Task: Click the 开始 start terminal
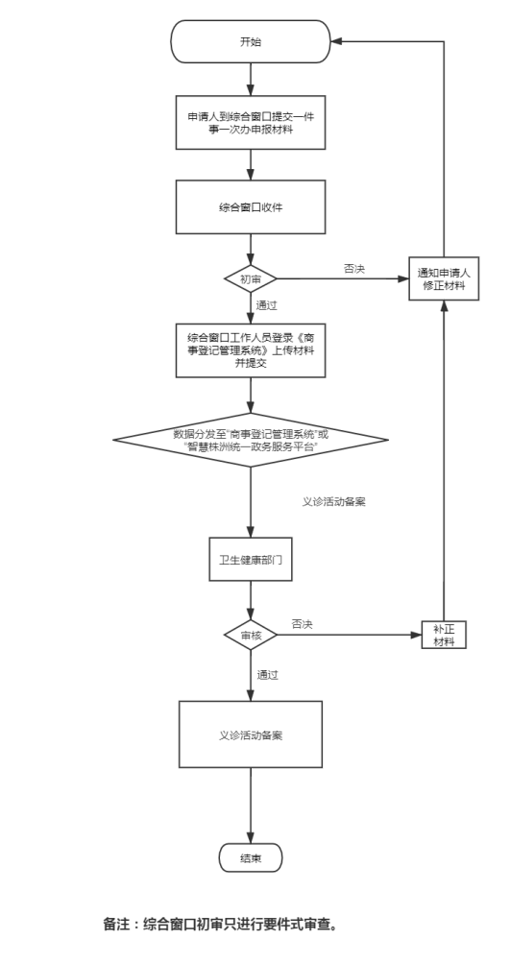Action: pos(251,41)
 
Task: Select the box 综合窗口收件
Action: pos(251,207)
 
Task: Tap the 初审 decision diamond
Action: pos(251,279)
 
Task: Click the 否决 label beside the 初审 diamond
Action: pos(354,269)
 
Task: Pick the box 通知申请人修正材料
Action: pos(444,278)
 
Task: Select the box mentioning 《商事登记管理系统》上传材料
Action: pos(251,350)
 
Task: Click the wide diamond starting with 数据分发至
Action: pos(251,440)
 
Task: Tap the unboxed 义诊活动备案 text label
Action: pos(334,501)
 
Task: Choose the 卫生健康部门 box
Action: pos(251,559)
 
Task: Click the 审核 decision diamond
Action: pos(251,635)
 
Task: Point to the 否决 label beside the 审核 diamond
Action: pos(302,624)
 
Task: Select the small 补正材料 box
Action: pos(444,635)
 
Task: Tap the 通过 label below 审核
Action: pos(267,675)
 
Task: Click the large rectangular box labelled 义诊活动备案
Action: pos(251,734)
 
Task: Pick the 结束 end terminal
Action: pos(251,858)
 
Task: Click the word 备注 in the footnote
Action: pos(116,924)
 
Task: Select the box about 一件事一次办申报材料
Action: pos(251,122)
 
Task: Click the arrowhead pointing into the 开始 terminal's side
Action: pos(336,41)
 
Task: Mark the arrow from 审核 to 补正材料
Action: pos(350,635)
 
